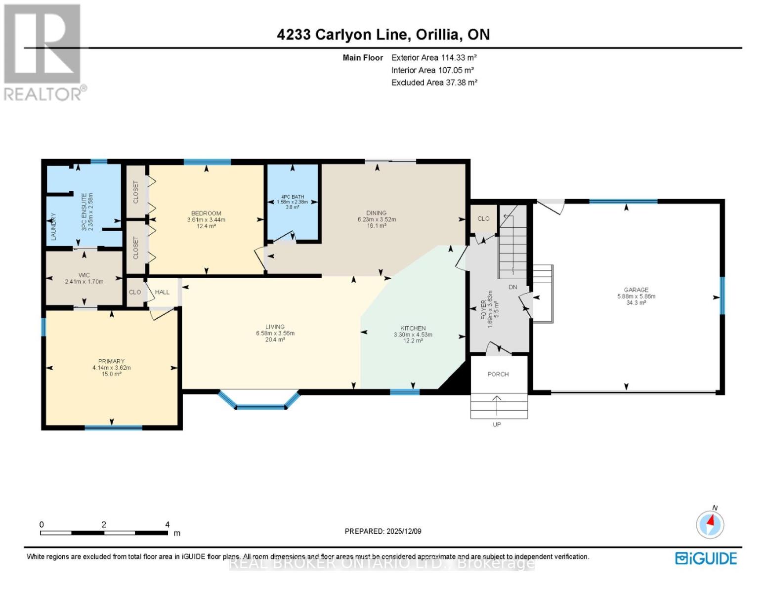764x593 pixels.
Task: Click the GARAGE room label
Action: (636, 290)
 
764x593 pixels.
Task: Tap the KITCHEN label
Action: (413, 328)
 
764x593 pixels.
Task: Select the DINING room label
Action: (376, 213)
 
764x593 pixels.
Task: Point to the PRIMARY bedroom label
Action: (111, 361)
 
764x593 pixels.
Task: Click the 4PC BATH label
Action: (292, 197)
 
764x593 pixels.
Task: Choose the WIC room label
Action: (84, 275)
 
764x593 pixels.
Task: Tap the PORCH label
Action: (498, 374)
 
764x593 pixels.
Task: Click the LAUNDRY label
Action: (53, 226)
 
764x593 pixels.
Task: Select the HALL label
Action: (162, 292)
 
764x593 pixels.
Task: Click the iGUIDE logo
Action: (706, 558)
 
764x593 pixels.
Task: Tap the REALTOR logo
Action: (43, 52)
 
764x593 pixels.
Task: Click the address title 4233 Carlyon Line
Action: (383, 34)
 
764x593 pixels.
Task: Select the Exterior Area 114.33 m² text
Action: (433, 58)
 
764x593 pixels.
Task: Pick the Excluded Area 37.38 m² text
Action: (434, 83)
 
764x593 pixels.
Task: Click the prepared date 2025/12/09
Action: (382, 531)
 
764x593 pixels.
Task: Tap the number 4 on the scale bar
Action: (168, 525)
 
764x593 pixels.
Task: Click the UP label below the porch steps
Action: (497, 424)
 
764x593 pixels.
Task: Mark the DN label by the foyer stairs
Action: (512, 287)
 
